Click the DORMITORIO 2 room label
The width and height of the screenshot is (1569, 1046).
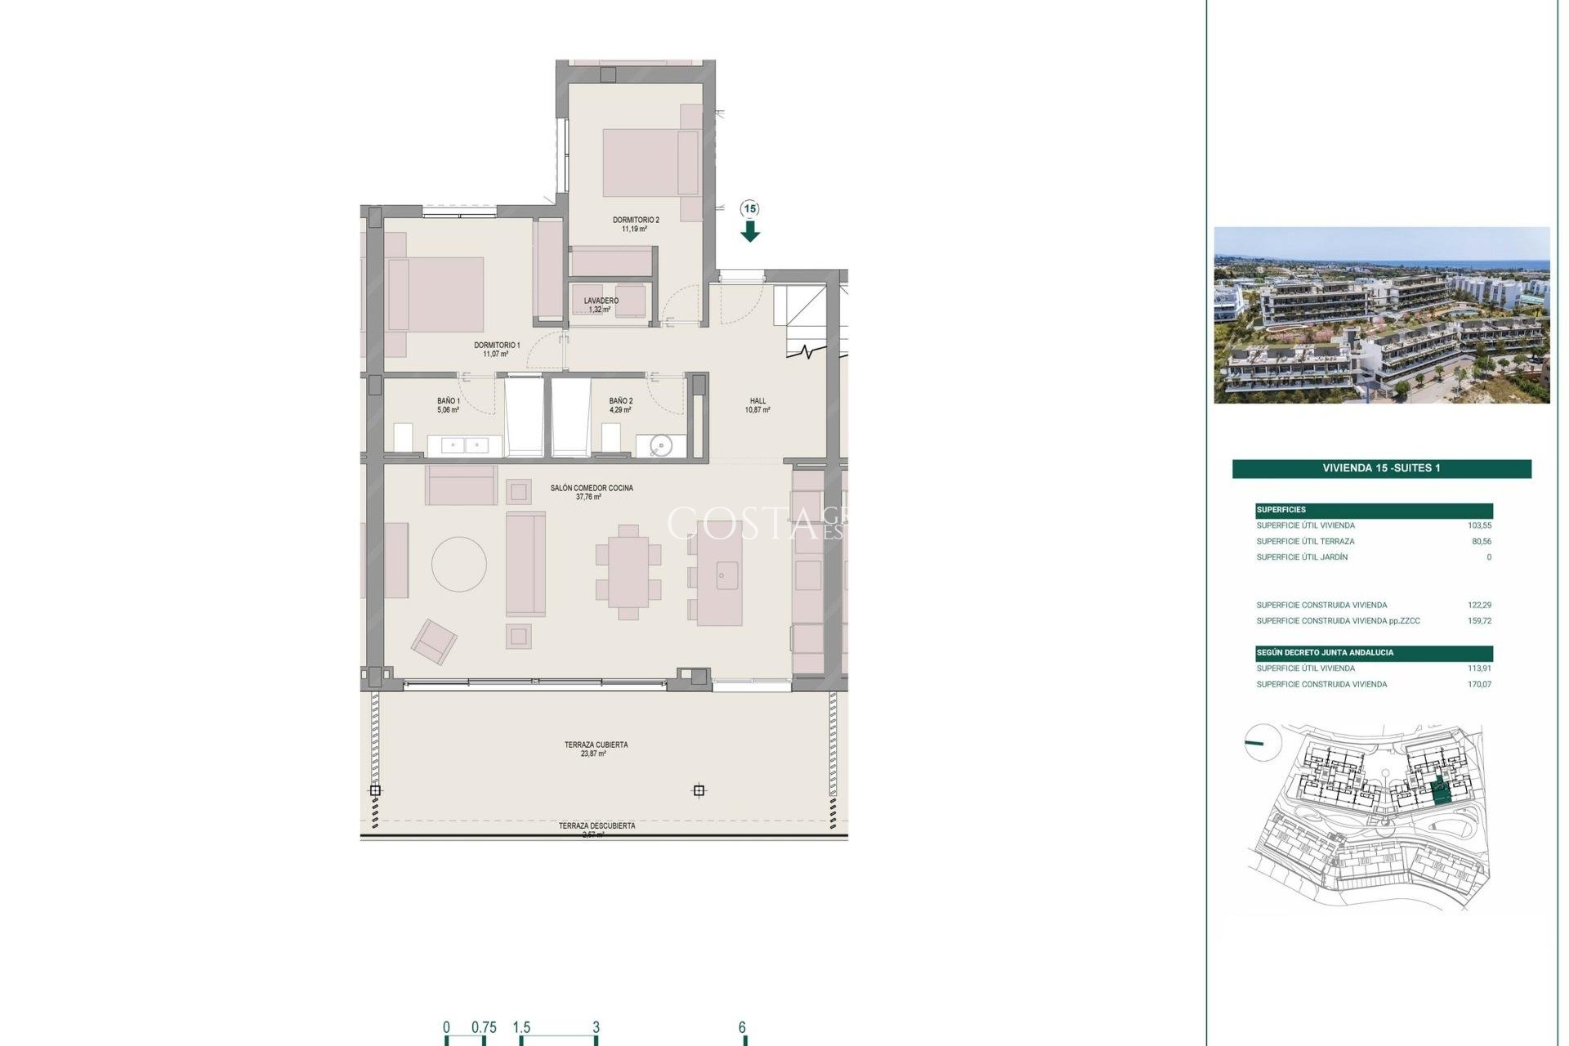click(x=635, y=221)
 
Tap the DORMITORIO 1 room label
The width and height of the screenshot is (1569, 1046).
click(x=496, y=346)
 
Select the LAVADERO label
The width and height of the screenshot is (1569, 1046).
click(x=601, y=302)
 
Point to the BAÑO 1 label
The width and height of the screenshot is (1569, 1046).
click(x=448, y=401)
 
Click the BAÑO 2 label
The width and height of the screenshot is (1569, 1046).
click(x=620, y=401)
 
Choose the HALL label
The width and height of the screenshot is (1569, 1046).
click(x=758, y=401)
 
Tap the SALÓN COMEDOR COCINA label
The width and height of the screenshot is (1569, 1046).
click(x=591, y=489)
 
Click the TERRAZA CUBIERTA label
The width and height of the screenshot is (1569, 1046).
click(x=596, y=745)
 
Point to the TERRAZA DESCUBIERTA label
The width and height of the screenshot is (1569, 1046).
click(x=597, y=826)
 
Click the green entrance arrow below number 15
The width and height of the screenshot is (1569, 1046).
click(x=750, y=233)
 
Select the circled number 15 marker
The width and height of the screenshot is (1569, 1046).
click(x=749, y=209)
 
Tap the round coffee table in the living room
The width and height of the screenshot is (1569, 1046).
click(x=459, y=564)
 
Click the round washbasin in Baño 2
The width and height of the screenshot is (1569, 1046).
click(x=660, y=445)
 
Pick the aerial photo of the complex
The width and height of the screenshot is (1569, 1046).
click(x=1381, y=315)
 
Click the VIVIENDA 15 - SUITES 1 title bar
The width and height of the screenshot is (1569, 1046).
click(x=1381, y=468)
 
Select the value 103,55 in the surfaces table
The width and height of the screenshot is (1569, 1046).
click(x=1479, y=525)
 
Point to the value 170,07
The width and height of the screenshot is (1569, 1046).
click(x=1479, y=685)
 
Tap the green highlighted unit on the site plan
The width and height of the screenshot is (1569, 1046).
click(x=1442, y=791)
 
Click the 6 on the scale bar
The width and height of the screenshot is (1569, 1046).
click(x=742, y=1028)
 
